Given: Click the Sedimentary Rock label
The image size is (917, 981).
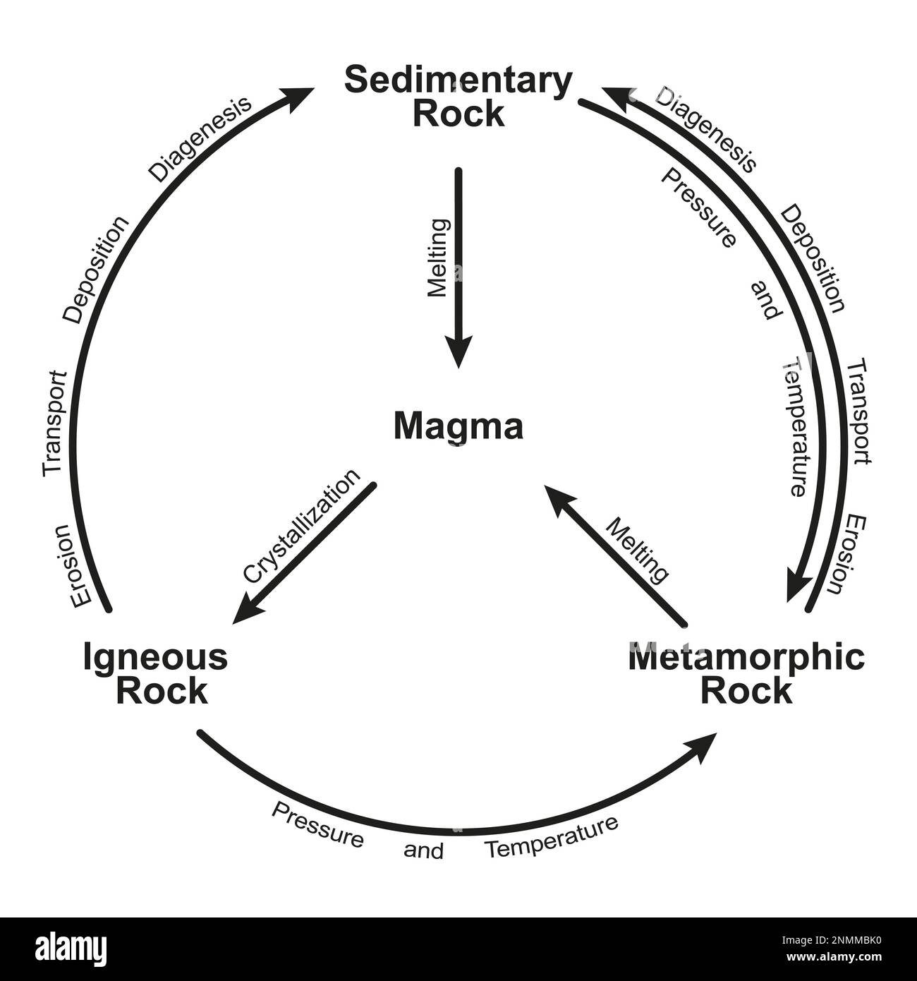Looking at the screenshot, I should click(458, 97).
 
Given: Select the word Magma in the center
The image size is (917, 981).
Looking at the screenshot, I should click(458, 427).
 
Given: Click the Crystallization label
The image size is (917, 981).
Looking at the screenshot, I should click(301, 525).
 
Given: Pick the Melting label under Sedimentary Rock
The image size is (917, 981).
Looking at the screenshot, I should click(438, 258).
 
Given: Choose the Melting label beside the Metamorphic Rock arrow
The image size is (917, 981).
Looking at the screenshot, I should click(637, 550).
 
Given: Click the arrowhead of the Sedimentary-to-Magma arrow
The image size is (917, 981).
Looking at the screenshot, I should click(458, 351).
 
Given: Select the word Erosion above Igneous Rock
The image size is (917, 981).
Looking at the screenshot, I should click(79, 566).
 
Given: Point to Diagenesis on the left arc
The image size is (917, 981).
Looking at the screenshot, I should click(200, 138).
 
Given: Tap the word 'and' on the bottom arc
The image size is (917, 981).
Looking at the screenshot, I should click(423, 851).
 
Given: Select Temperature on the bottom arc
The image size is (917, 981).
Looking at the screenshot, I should click(552, 837).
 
